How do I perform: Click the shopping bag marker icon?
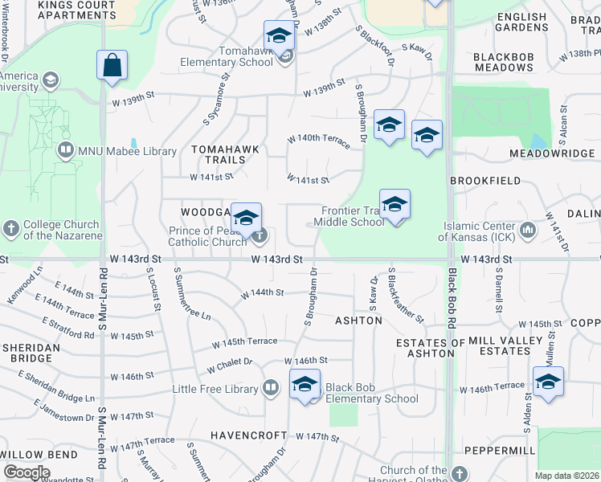click(112, 65)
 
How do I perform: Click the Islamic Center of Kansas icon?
click(528, 231)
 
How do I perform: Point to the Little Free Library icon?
click(271, 389)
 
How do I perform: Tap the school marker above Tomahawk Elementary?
click(278, 36)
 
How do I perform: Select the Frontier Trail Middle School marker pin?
click(395, 205)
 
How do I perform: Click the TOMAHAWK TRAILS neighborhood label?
click(219, 155)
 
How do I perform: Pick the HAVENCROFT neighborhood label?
click(248, 435)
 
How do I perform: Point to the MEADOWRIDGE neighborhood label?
click(550, 153)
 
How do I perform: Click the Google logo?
click(26, 472)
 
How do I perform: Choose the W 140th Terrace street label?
click(319, 141)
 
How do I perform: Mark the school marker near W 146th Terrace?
click(548, 382)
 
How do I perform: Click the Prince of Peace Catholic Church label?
click(207, 236)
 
